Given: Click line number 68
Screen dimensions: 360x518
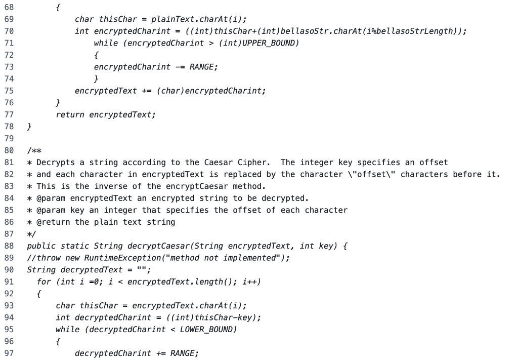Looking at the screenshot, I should [x=9, y=8].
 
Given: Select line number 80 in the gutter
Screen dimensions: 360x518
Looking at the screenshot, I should [x=9, y=150].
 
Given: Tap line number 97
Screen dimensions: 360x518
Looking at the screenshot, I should [x=9, y=353].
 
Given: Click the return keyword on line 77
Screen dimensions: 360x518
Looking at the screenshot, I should [x=70, y=114].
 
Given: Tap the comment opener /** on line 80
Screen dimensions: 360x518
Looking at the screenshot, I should [x=34, y=150].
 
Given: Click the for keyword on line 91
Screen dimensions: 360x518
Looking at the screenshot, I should [x=44, y=282].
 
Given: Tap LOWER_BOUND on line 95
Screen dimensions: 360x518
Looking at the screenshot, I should [x=208, y=329].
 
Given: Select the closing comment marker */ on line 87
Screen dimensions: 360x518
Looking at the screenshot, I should [x=32, y=233].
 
